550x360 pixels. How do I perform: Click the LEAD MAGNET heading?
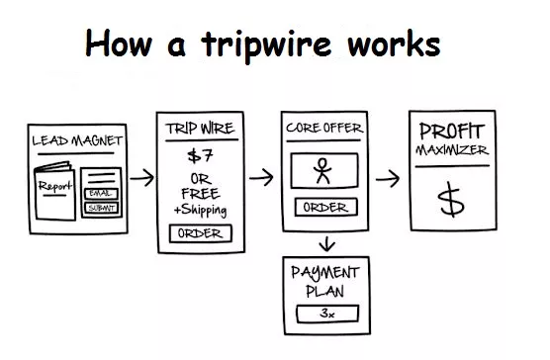pos(76,140)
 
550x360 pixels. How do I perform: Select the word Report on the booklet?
pos(56,185)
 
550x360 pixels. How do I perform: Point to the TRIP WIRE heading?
pos(201,129)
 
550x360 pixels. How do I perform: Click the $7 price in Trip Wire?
pos(201,155)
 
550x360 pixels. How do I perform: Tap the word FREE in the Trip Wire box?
pos(201,193)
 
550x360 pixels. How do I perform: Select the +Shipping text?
pos(201,209)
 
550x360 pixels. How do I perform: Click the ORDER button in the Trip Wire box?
pos(201,233)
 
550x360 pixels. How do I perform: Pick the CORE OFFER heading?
pos(323,129)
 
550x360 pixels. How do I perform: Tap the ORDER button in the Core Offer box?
pos(323,208)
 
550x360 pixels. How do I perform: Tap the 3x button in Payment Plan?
pos(323,315)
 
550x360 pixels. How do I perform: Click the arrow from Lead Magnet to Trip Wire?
pos(141,179)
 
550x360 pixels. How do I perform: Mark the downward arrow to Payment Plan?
pos(324,242)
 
